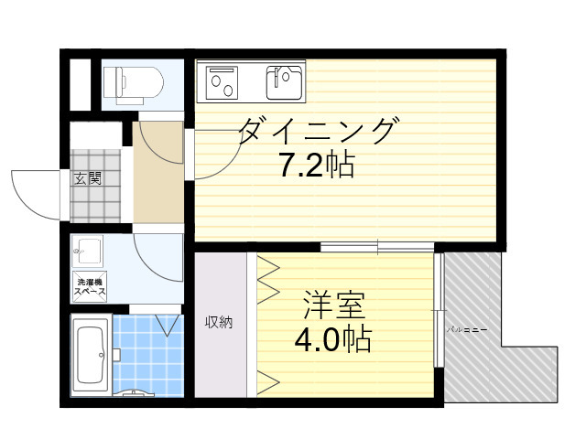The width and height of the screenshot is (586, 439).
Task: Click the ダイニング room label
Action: pos(319,133)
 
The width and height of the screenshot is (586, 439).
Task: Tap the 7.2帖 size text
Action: pos(317,166)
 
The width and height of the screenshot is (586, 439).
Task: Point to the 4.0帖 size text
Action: pos(331,339)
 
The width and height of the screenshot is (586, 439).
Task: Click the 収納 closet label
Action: pos(219,322)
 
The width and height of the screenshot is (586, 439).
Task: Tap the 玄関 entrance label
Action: pos(87,177)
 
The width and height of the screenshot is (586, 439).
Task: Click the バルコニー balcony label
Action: pos(466,327)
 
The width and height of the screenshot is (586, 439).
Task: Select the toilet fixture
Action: pos(134,83)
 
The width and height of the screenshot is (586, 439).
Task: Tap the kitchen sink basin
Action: pos(284,83)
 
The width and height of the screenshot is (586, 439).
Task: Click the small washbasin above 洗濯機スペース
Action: pos(88,249)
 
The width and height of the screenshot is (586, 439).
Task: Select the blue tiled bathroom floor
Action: pos(146,361)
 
